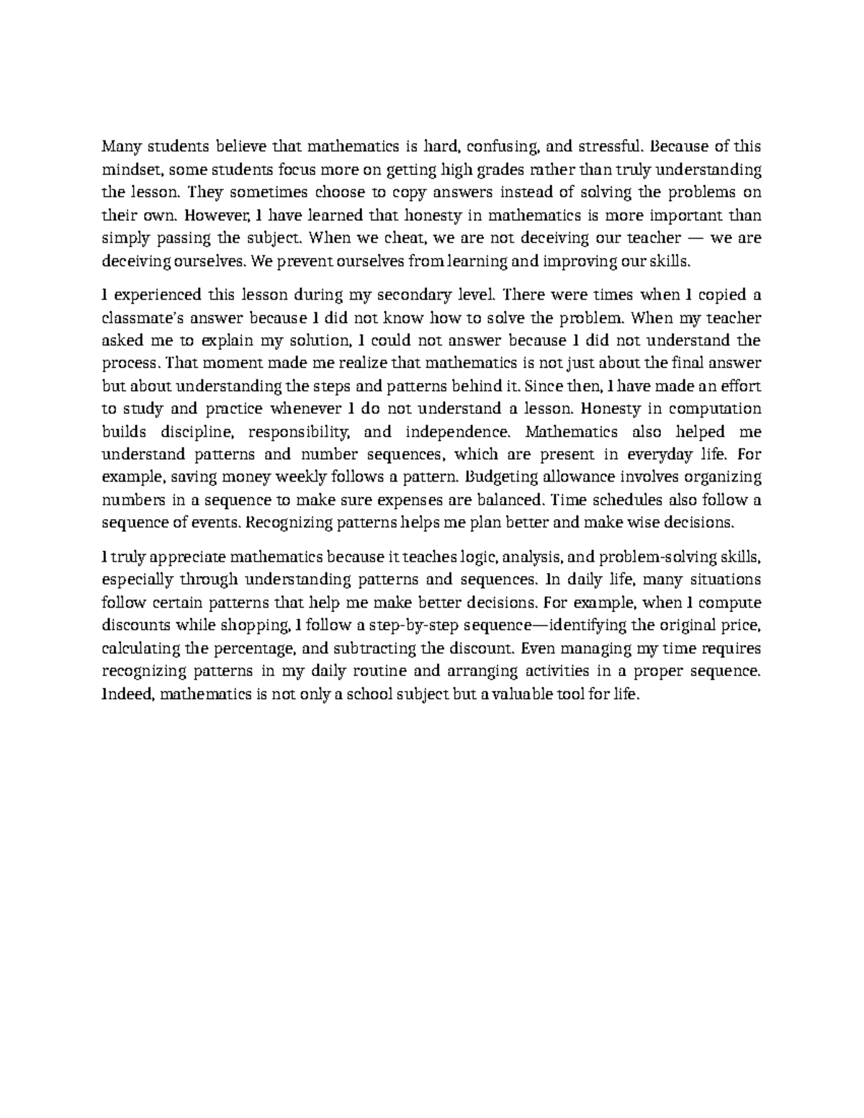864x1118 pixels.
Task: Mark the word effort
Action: tap(742, 386)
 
